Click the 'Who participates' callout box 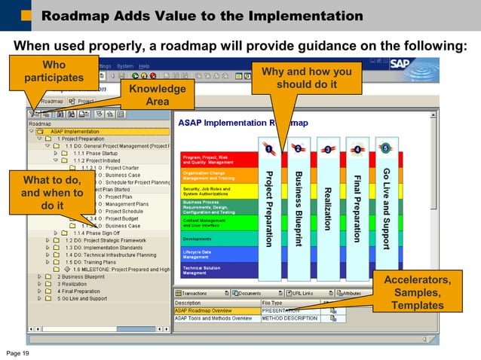(53, 72)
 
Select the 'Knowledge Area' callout (157, 96)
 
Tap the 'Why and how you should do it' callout (306, 78)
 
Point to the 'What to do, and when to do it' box (52, 192)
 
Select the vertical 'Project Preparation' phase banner (268, 208)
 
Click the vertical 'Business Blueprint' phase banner (298, 208)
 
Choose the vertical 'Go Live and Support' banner (385, 208)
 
